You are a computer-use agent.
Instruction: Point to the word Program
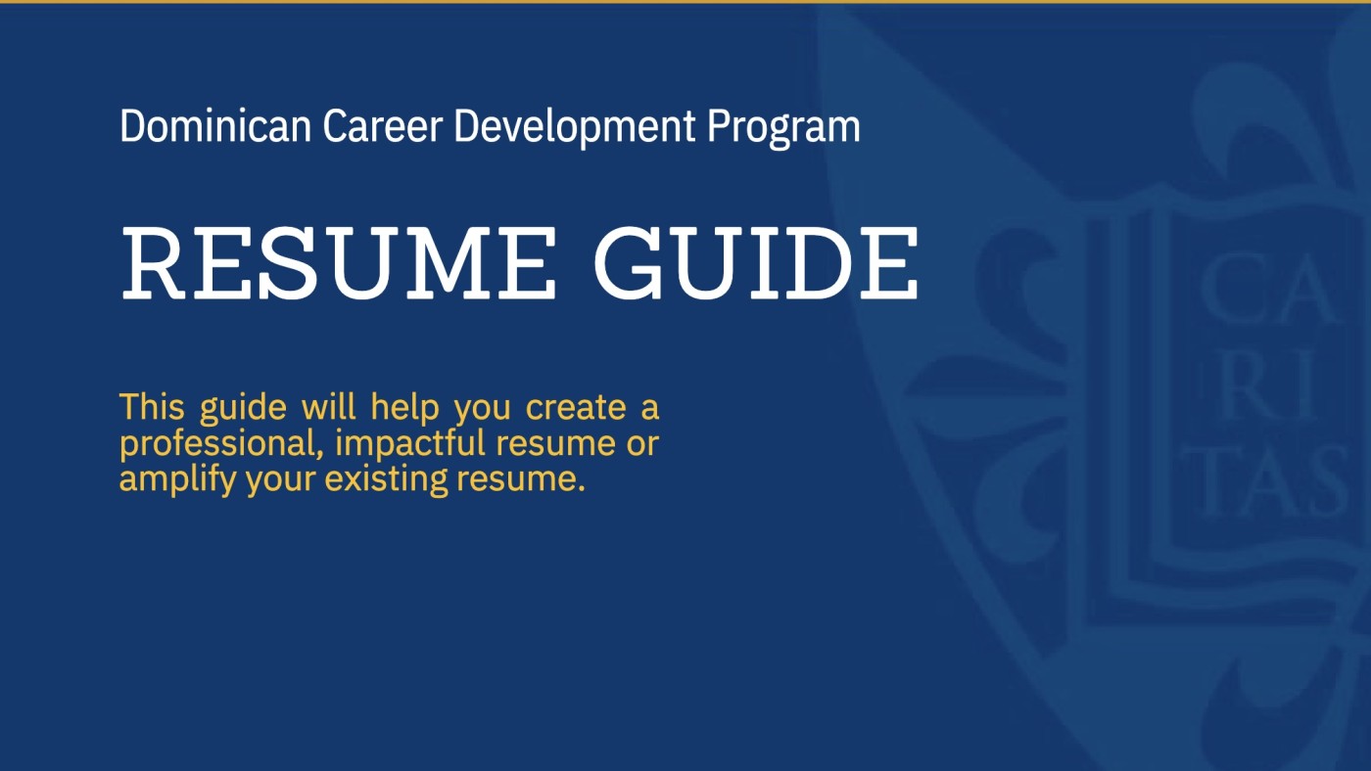point(783,128)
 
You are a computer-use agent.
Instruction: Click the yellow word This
point(152,406)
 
